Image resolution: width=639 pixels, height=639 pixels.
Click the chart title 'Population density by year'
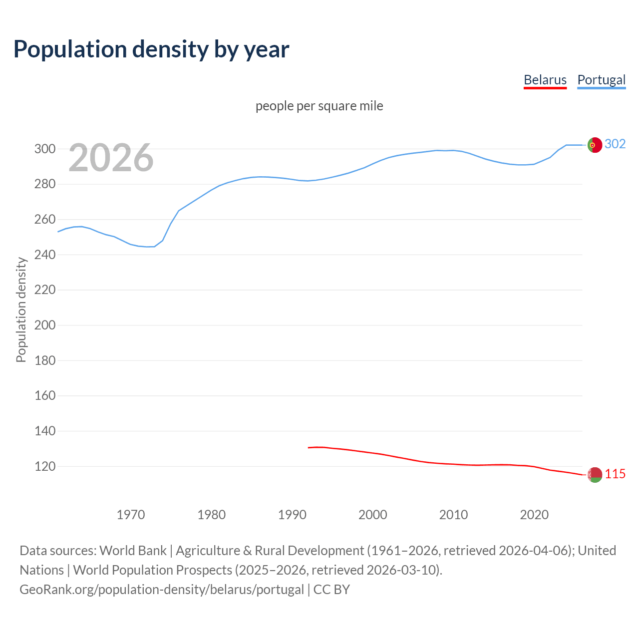(x=151, y=49)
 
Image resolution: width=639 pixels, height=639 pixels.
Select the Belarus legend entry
(x=545, y=80)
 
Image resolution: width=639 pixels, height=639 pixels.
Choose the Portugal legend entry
(x=601, y=80)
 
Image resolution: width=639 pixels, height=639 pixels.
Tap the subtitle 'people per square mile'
(x=319, y=106)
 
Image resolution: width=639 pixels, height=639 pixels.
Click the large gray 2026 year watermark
(x=111, y=158)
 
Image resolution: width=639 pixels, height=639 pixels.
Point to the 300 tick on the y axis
(x=44, y=149)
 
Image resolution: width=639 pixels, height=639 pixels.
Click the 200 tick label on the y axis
(x=44, y=325)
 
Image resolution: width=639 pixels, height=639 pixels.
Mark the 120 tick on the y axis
(x=44, y=466)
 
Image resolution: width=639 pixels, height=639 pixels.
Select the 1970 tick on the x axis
(x=131, y=514)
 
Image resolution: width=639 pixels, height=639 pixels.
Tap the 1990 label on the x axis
(x=292, y=514)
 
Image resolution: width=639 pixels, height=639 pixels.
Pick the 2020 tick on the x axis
(x=534, y=514)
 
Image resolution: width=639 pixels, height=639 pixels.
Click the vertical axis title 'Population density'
(x=21, y=310)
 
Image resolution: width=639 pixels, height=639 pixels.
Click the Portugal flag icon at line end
(x=595, y=145)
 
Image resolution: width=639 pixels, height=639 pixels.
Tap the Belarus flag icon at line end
(x=595, y=475)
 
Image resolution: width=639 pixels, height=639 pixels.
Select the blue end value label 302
(x=615, y=144)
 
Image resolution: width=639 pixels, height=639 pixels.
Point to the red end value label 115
(x=615, y=474)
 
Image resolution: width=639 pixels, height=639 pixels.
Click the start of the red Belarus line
(x=309, y=447)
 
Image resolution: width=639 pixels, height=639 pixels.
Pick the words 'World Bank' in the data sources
(x=133, y=551)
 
